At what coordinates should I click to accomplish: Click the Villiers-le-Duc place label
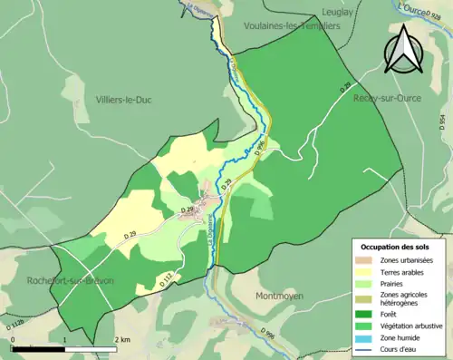click(123, 100)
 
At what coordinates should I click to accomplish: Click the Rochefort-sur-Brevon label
click(70, 281)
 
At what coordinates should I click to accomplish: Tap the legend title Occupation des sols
click(395, 247)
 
